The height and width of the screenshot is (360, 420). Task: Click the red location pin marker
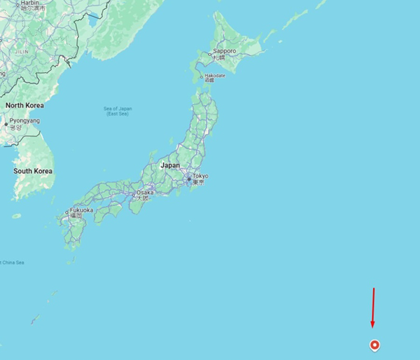pyautogui.click(x=375, y=344)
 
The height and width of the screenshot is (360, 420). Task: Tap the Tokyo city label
pyautogui.click(x=201, y=176)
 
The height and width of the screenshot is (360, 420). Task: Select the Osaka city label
pyautogui.click(x=145, y=192)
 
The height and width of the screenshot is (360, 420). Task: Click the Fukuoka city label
pyautogui.click(x=81, y=210)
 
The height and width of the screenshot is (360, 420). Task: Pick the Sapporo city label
pyautogui.click(x=225, y=51)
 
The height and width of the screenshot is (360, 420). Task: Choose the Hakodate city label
pyautogui.click(x=214, y=76)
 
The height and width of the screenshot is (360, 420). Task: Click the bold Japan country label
pyautogui.click(x=170, y=165)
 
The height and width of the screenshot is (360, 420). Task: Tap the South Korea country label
pyautogui.click(x=33, y=171)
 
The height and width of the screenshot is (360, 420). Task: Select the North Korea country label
pyautogui.click(x=24, y=105)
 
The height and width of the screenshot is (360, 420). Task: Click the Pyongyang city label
pyautogui.click(x=24, y=120)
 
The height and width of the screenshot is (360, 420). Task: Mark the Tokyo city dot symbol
pyautogui.click(x=189, y=179)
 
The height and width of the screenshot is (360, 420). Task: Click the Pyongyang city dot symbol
pyautogui.click(x=6, y=124)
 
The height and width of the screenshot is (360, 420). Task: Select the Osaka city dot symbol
pyautogui.click(x=133, y=193)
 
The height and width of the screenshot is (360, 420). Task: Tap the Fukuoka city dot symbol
pyautogui.click(x=68, y=212)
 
